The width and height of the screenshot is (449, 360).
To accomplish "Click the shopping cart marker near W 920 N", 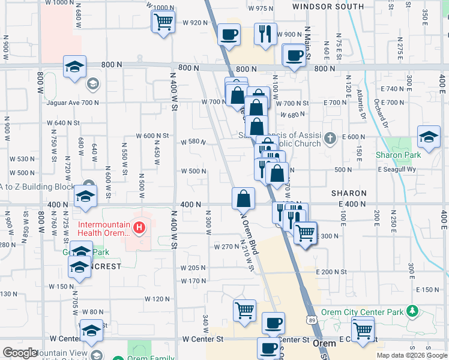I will tap(163, 23).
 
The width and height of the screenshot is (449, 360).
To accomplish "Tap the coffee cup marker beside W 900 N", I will tap(229, 35).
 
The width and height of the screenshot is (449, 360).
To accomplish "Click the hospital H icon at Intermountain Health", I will tap(139, 228).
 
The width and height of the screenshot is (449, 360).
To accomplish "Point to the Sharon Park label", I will tap(398, 155).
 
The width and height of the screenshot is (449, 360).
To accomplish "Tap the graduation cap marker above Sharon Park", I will tap(429, 137).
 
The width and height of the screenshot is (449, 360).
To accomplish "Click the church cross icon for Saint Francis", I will tap(330, 139).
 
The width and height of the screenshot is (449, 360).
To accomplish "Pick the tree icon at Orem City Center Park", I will tap(411, 311).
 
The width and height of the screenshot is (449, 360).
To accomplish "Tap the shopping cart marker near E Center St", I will tap(363, 329).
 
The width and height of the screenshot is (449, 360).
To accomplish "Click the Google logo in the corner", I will tap(20, 353).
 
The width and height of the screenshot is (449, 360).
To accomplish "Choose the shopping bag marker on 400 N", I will tap(244, 197).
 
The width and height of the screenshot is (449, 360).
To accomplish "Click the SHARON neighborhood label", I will tap(349, 193).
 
